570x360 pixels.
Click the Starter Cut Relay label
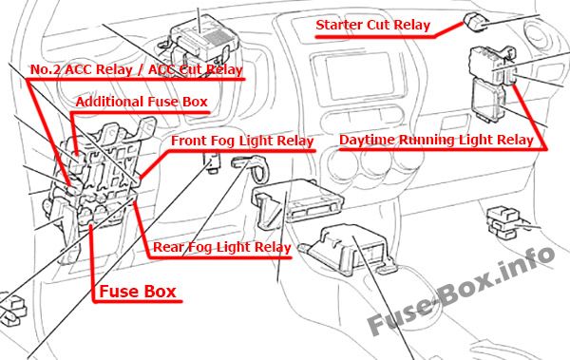pyautogui.click(x=373, y=25)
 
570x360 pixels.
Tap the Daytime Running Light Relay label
pyautogui.click(x=436, y=140)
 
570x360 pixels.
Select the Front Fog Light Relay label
pyautogui.click(x=242, y=141)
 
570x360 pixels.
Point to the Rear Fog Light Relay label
pyautogui.click(x=221, y=247)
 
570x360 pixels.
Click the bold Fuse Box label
pyautogui.click(x=138, y=292)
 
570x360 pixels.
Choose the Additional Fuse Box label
pyautogui.click(x=142, y=102)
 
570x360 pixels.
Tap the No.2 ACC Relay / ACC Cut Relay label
pyautogui.click(x=136, y=69)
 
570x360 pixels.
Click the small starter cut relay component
pyautogui.click(x=476, y=22)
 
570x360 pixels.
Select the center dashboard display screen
pyautogui.click(x=359, y=76)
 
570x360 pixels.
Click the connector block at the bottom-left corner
pyautogui.click(x=12, y=309)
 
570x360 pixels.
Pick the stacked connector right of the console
pyautogui.click(x=503, y=222)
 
